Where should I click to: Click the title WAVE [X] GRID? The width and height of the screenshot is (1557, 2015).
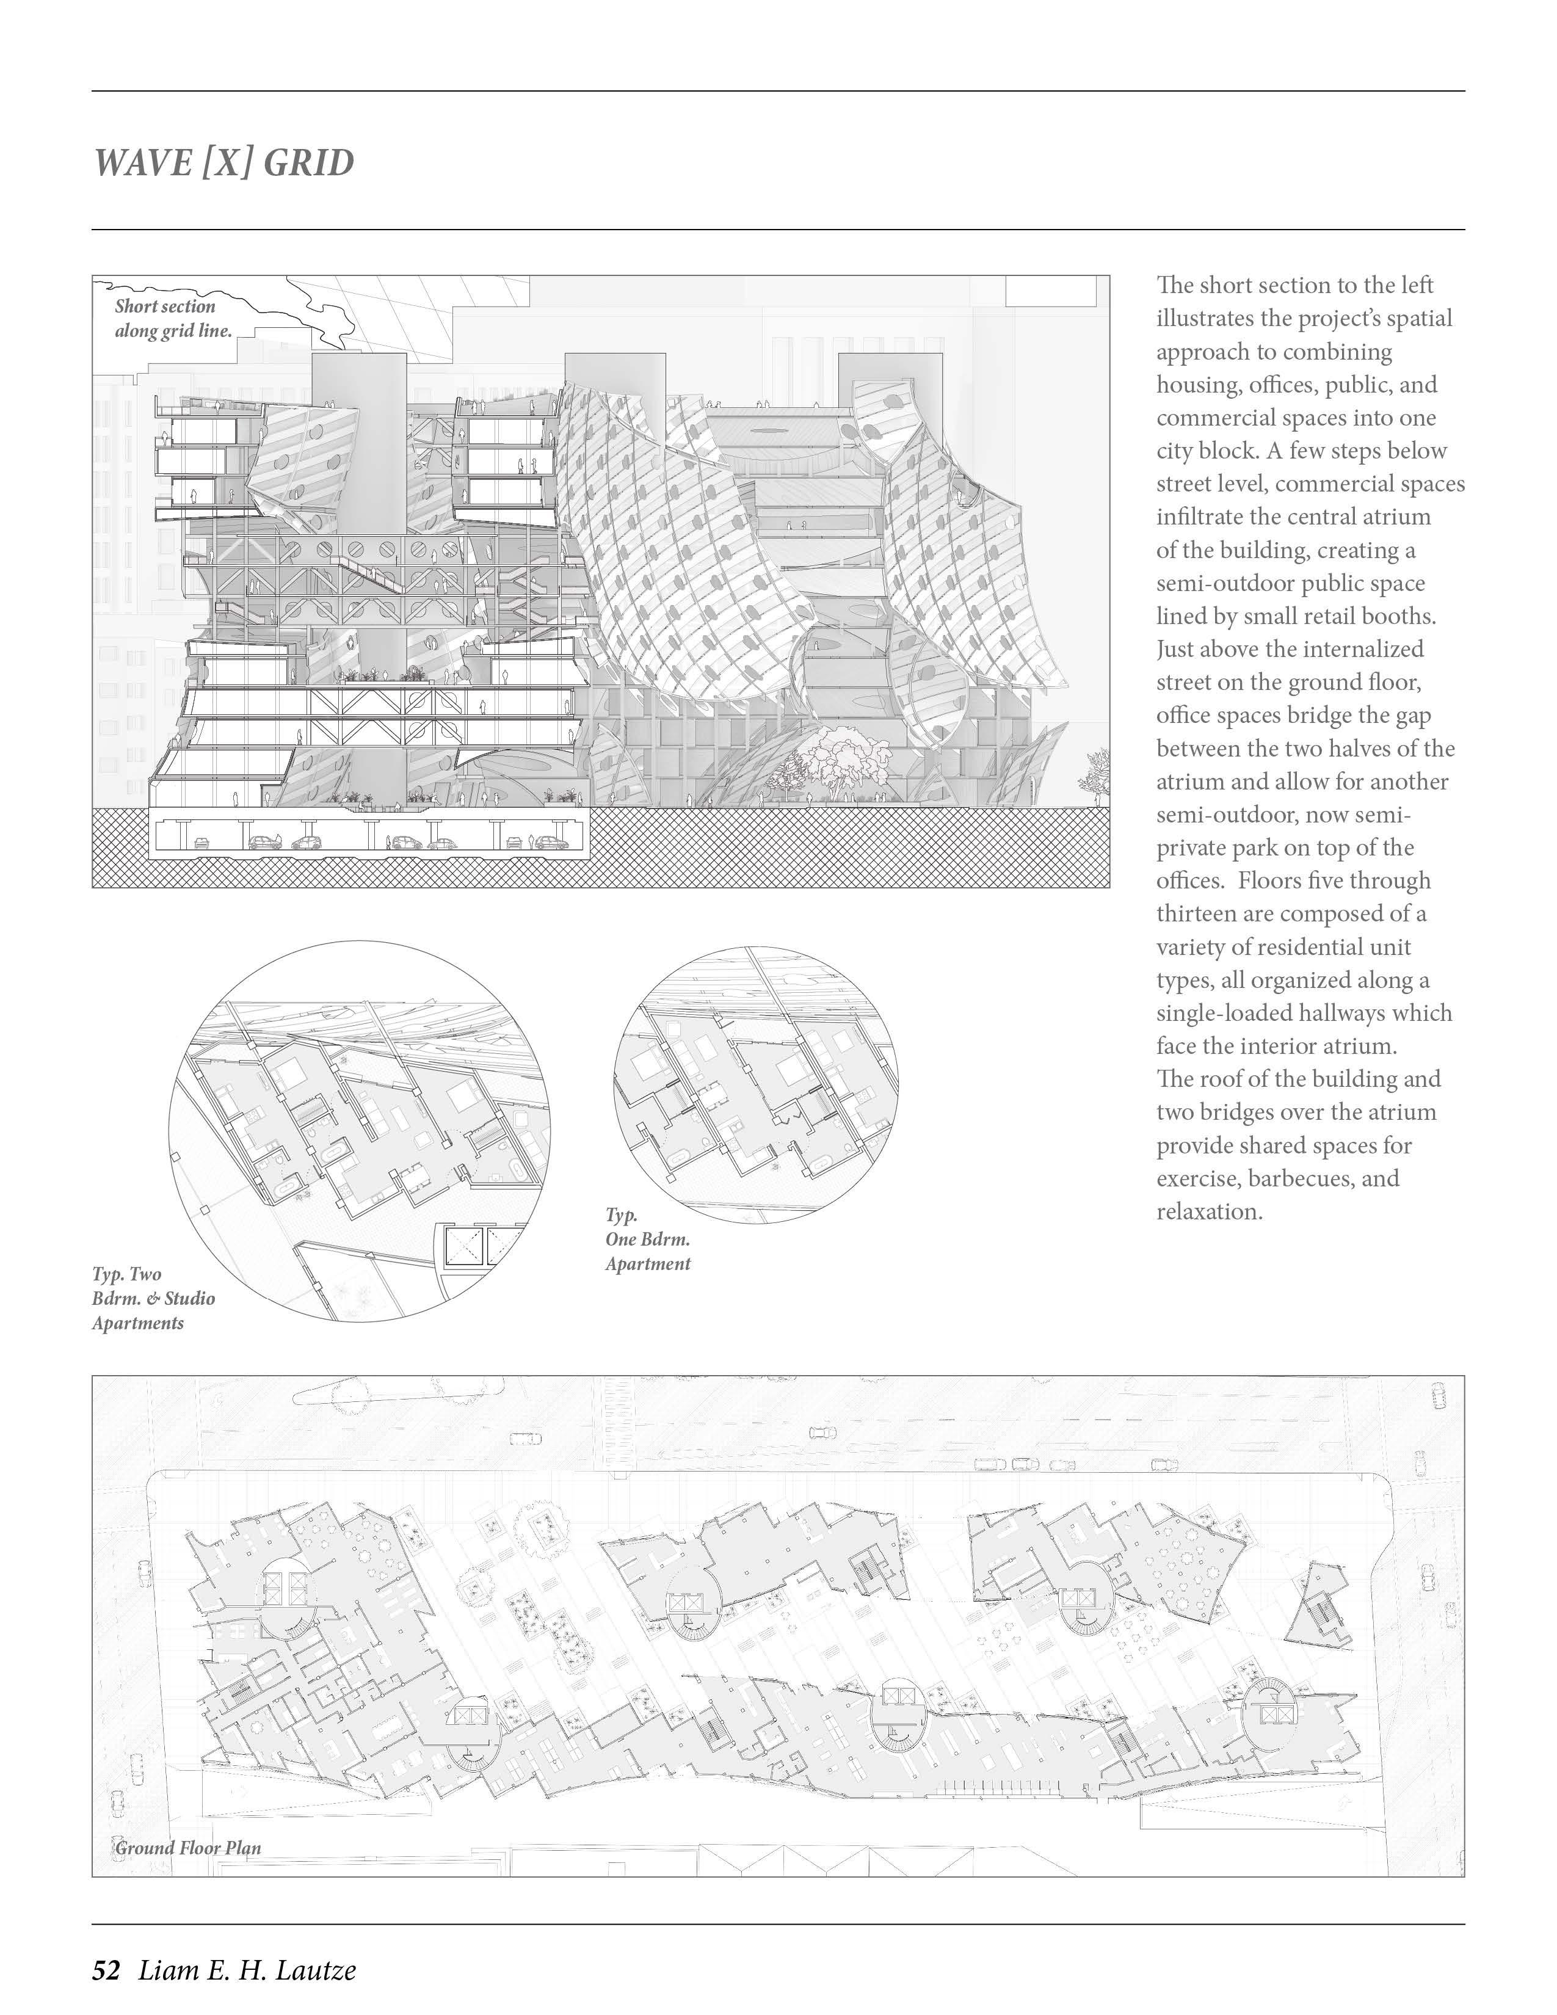(x=224, y=163)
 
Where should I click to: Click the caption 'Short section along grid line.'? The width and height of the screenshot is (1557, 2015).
(x=172, y=318)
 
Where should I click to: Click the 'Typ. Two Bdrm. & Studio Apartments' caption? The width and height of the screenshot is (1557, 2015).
(x=153, y=1298)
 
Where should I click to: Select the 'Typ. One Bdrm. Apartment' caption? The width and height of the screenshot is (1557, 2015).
(x=647, y=1239)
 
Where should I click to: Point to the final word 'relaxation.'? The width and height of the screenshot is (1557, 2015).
(x=1209, y=1211)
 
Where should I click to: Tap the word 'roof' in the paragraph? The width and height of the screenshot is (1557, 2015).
(x=1224, y=1078)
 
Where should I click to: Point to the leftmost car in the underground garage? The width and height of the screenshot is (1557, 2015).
(x=200, y=843)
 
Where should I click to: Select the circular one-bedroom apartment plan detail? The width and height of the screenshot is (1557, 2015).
(x=755, y=1085)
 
